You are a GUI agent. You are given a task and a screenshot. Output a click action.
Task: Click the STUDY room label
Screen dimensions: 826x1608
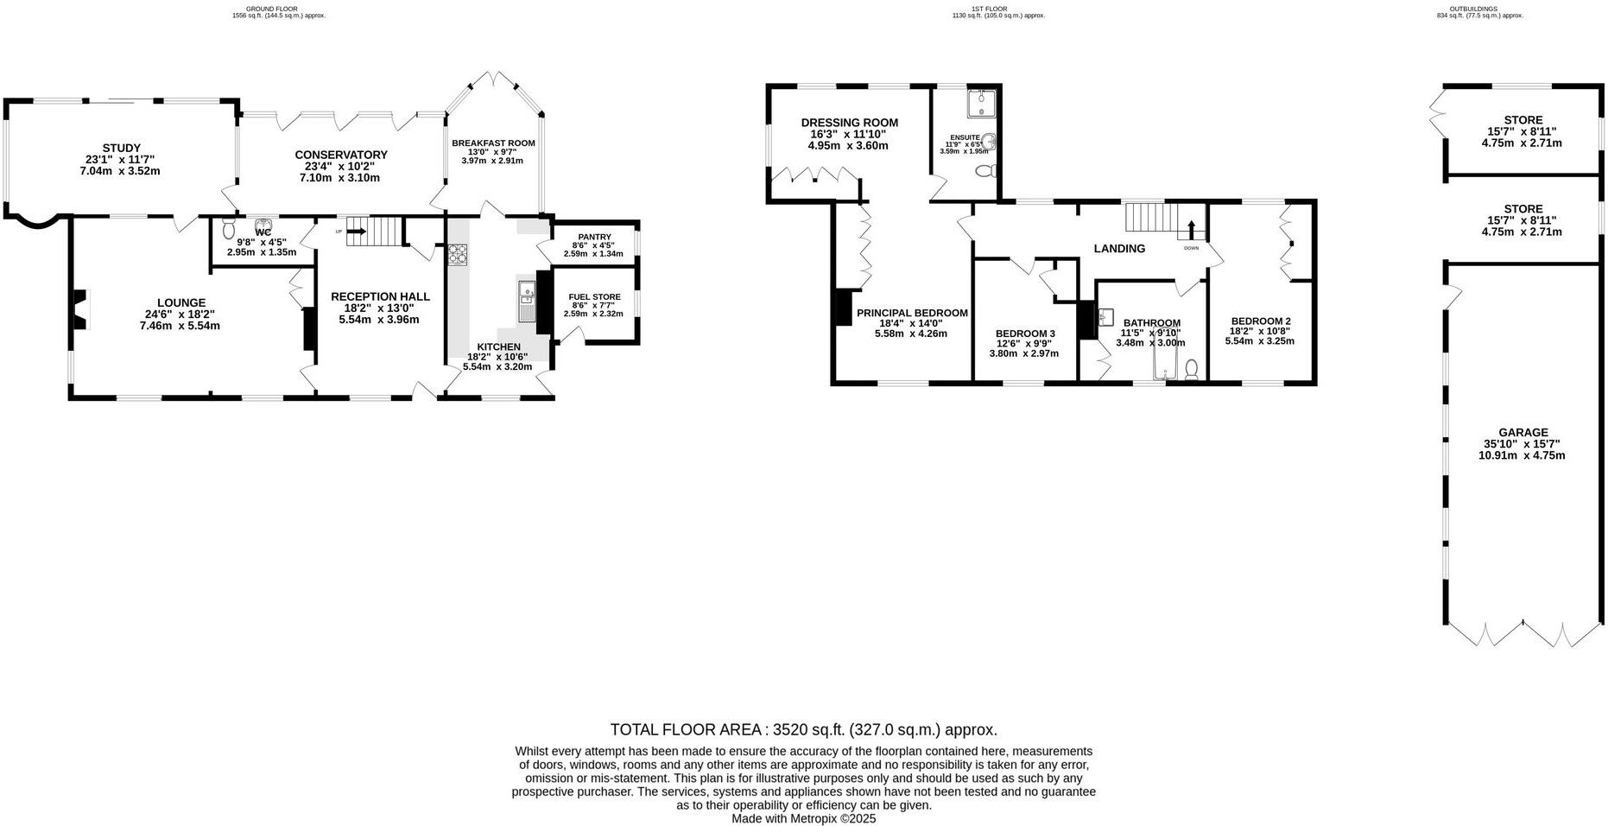[x=121, y=148]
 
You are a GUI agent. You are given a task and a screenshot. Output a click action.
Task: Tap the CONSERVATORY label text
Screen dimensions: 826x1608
[x=340, y=155]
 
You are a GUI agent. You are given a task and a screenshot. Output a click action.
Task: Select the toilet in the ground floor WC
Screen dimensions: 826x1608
[x=228, y=229]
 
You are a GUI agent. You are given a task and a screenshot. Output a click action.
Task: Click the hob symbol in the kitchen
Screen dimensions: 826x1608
[x=457, y=254]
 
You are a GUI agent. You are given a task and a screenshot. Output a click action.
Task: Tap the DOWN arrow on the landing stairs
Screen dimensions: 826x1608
[x=1192, y=230]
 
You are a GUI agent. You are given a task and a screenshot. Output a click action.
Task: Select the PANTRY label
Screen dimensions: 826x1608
[x=594, y=237]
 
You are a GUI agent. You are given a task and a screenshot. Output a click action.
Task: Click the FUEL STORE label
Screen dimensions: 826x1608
[x=594, y=296]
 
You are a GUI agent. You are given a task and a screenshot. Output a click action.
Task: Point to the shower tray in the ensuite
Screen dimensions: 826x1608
[x=981, y=103]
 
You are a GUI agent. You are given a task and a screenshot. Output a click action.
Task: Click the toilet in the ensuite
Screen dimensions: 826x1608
[x=984, y=172]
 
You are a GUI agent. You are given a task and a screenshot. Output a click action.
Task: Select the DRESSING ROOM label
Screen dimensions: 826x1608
[x=849, y=123]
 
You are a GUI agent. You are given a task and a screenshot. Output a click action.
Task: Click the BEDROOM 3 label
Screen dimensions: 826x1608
[x=1025, y=334]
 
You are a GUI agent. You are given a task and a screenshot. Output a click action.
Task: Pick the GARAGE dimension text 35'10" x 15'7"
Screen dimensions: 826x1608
[x=1523, y=444]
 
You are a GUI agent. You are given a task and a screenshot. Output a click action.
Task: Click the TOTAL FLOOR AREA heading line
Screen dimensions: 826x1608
[x=803, y=729]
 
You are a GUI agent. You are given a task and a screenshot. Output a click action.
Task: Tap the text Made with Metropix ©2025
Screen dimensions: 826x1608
[x=803, y=818]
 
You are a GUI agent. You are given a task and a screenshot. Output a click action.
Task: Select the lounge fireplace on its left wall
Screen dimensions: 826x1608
[x=79, y=309]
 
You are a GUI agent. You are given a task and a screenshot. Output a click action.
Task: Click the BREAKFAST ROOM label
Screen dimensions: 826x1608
[x=493, y=143]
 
